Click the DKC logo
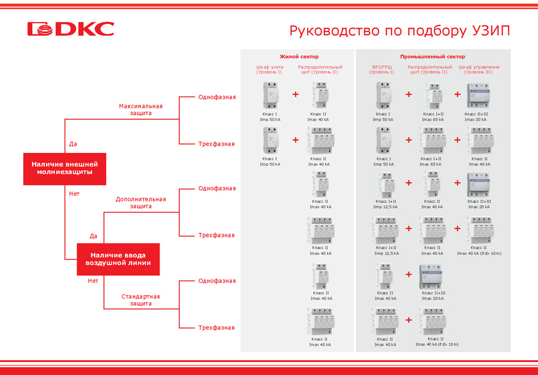tap(71, 29)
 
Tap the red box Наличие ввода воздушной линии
tap(118, 259)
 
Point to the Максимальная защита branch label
tap(140, 109)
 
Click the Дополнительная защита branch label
tap(140, 202)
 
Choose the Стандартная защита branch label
tap(140, 300)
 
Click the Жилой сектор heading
tap(299, 56)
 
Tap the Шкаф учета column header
tap(270, 69)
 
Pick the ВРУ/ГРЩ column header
tap(381, 69)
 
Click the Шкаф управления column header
tap(479, 69)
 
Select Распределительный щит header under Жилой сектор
tap(320, 69)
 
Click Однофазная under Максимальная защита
tap(217, 97)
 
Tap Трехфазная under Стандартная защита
tap(216, 327)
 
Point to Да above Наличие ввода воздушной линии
tap(93, 236)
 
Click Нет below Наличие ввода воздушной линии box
tap(93, 281)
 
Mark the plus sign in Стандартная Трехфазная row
tap(409, 320)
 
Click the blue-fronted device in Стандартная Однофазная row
tap(433, 276)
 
